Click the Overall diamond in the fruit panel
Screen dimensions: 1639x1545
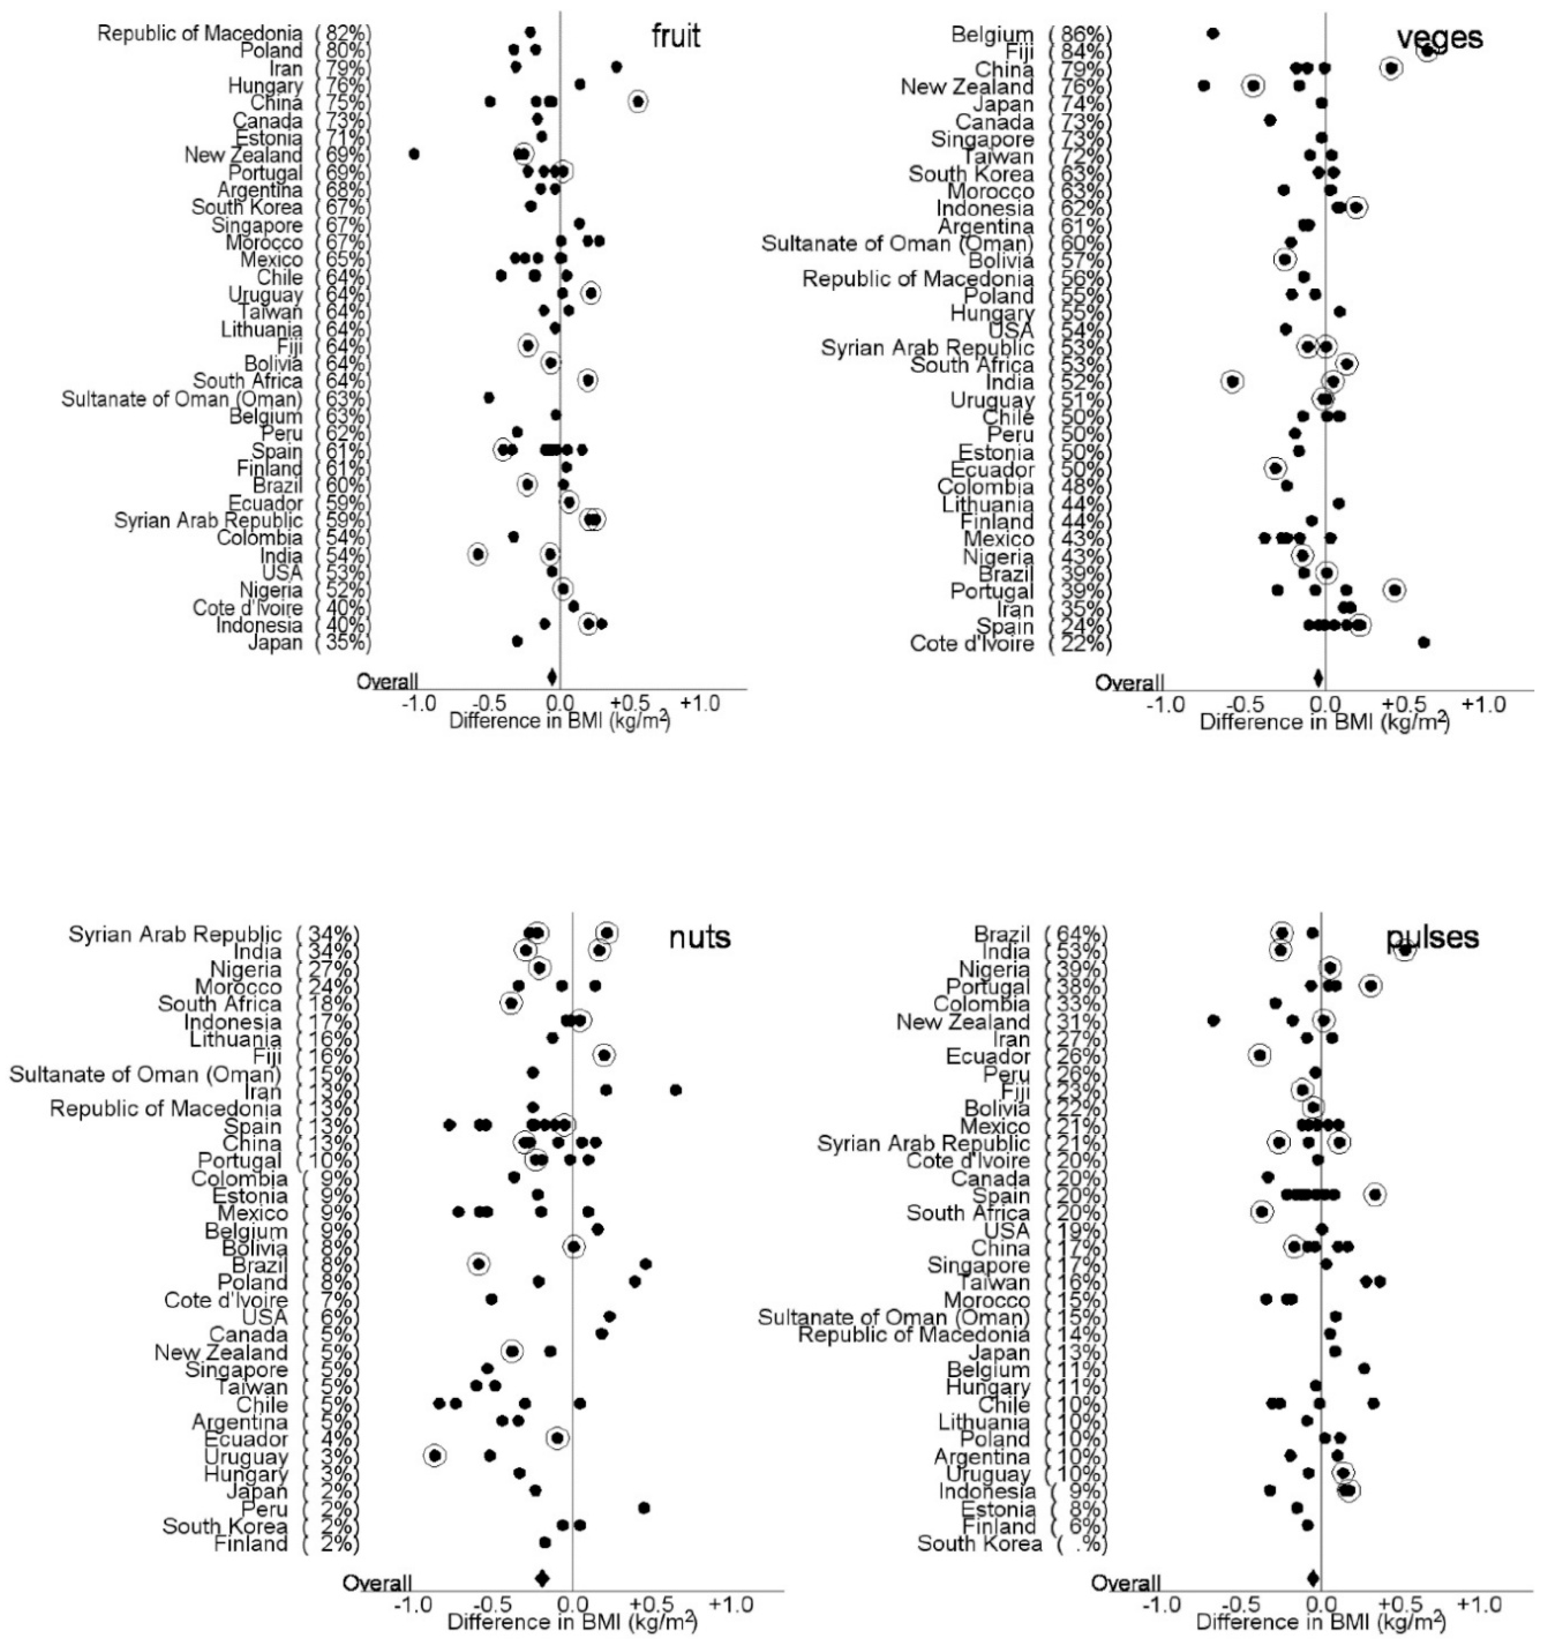[x=552, y=678]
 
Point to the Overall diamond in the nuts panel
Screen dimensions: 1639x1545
[x=542, y=1578]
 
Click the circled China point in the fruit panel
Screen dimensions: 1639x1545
[x=637, y=101]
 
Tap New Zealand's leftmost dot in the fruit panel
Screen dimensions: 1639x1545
[x=414, y=154]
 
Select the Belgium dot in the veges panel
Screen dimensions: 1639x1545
[x=1213, y=34]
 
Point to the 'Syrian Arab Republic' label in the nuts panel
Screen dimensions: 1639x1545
[x=175, y=934]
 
